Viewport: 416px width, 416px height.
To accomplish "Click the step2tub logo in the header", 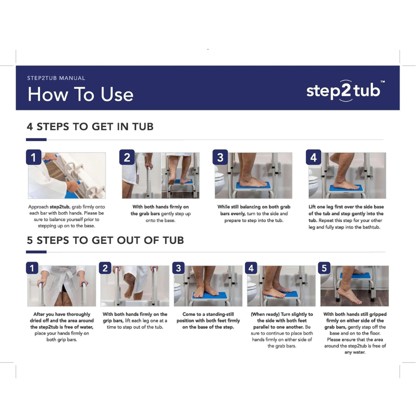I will (343, 91).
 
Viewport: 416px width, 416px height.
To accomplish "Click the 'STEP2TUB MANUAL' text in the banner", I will (56, 78).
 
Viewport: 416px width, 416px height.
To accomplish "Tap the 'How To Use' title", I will (80, 95).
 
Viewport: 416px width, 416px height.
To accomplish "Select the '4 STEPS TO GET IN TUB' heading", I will (90, 126).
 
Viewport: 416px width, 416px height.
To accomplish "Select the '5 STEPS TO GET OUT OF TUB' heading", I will (105, 240).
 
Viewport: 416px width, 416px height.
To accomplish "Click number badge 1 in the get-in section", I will (34, 157).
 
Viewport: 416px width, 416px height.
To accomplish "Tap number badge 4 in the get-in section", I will (313, 157).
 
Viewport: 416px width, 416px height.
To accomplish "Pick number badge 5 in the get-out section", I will (324, 268).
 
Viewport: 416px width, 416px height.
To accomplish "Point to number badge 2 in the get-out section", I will (105, 268).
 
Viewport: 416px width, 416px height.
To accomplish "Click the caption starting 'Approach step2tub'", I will (66, 216).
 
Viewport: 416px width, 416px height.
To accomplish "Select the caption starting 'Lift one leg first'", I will (346, 217).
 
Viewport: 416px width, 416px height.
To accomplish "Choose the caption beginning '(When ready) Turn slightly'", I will (282, 330).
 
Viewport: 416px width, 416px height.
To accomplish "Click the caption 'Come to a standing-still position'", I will (208, 320).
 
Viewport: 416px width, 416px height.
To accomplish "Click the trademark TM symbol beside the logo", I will (382, 82).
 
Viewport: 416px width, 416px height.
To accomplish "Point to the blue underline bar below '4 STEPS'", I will (36, 139).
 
